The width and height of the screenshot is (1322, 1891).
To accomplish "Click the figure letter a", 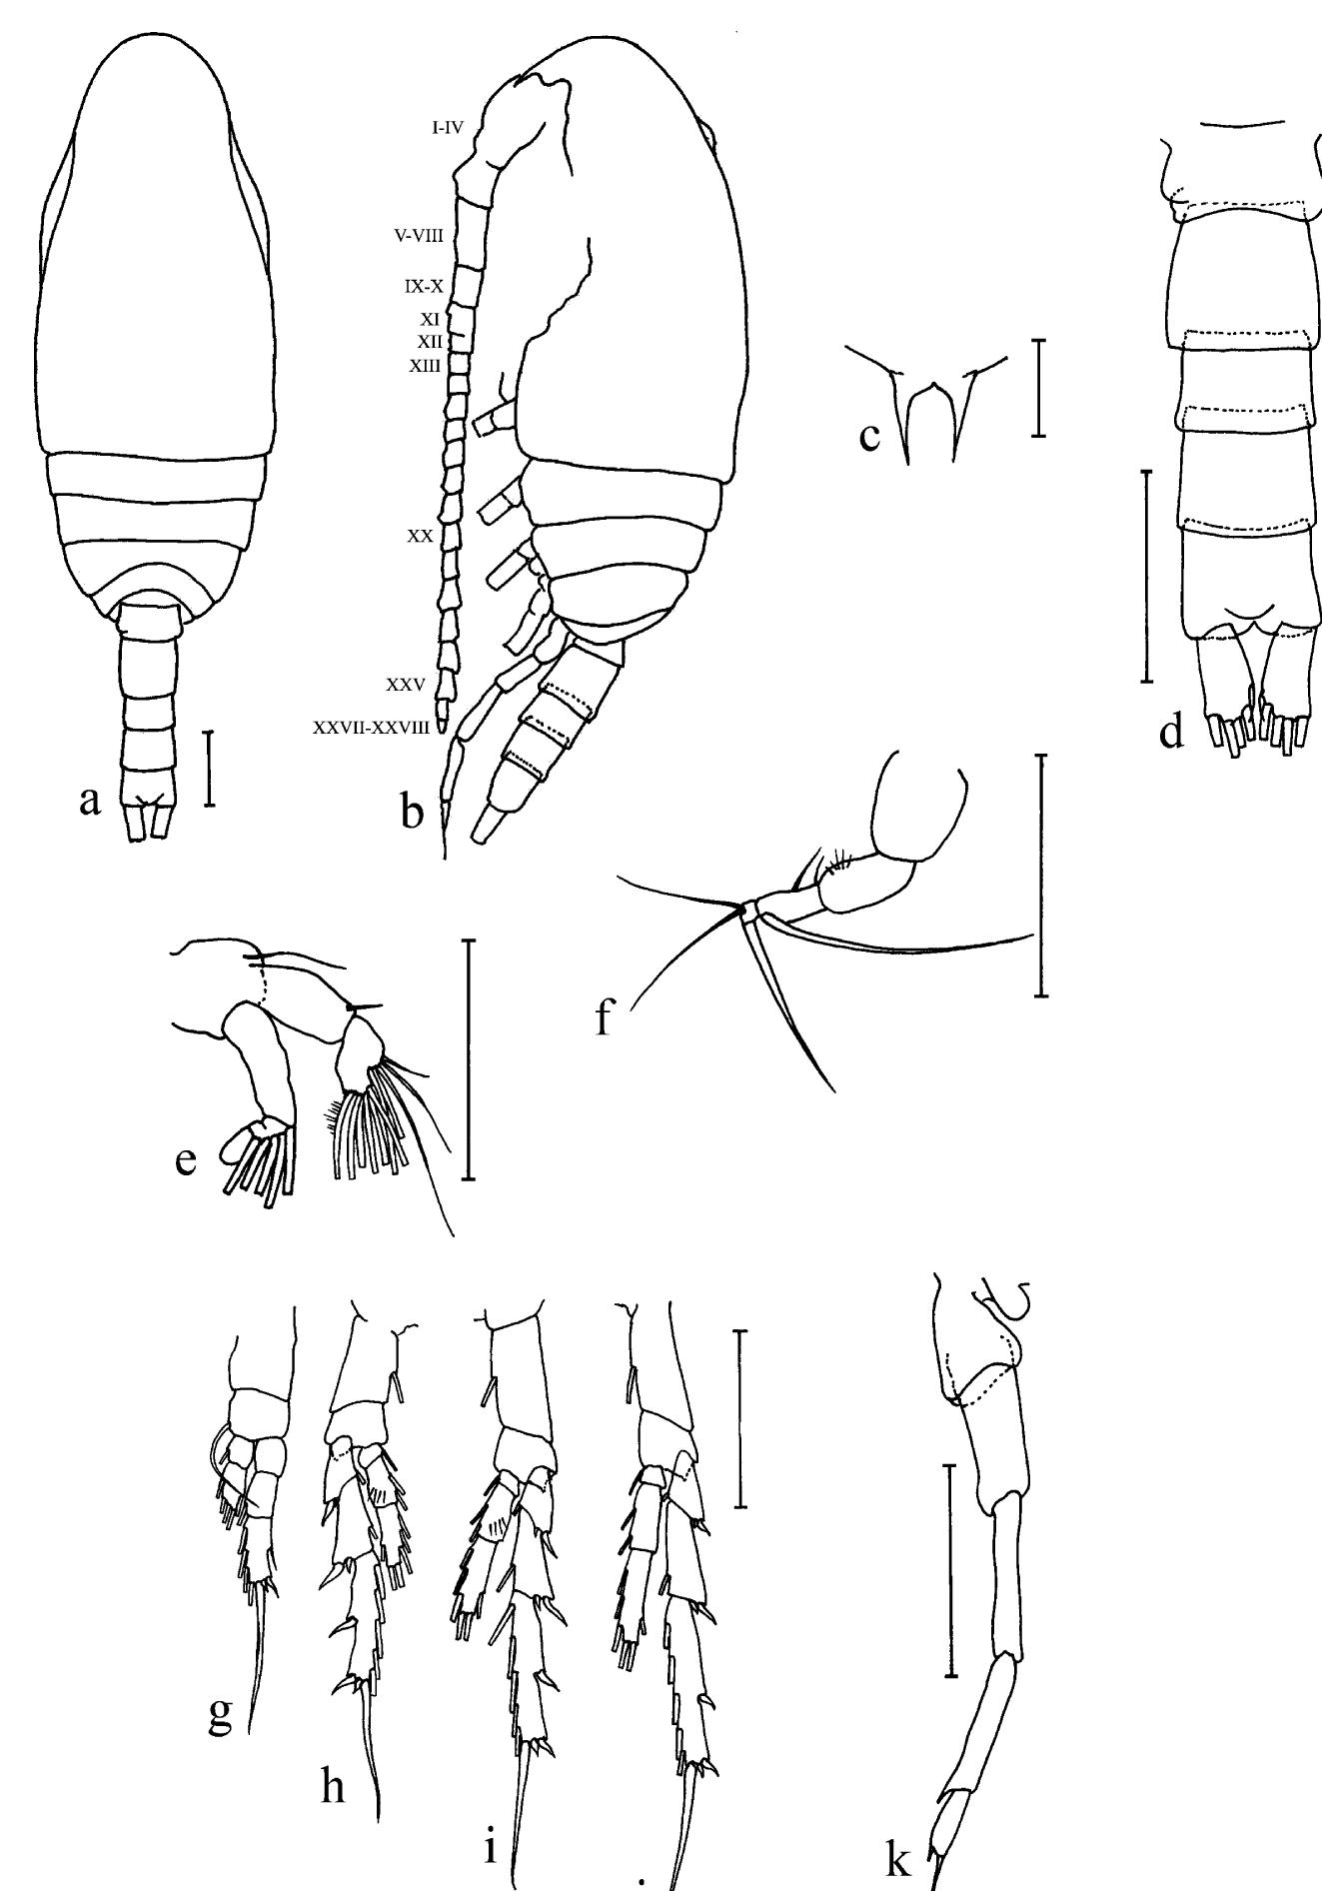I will tap(91, 802).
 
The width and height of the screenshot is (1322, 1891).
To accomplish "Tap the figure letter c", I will tap(871, 437).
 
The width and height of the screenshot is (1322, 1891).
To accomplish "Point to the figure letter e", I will tap(186, 1162).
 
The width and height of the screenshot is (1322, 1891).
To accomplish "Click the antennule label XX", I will tap(420, 536).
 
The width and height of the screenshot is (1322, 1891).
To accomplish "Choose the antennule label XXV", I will tap(408, 686).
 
